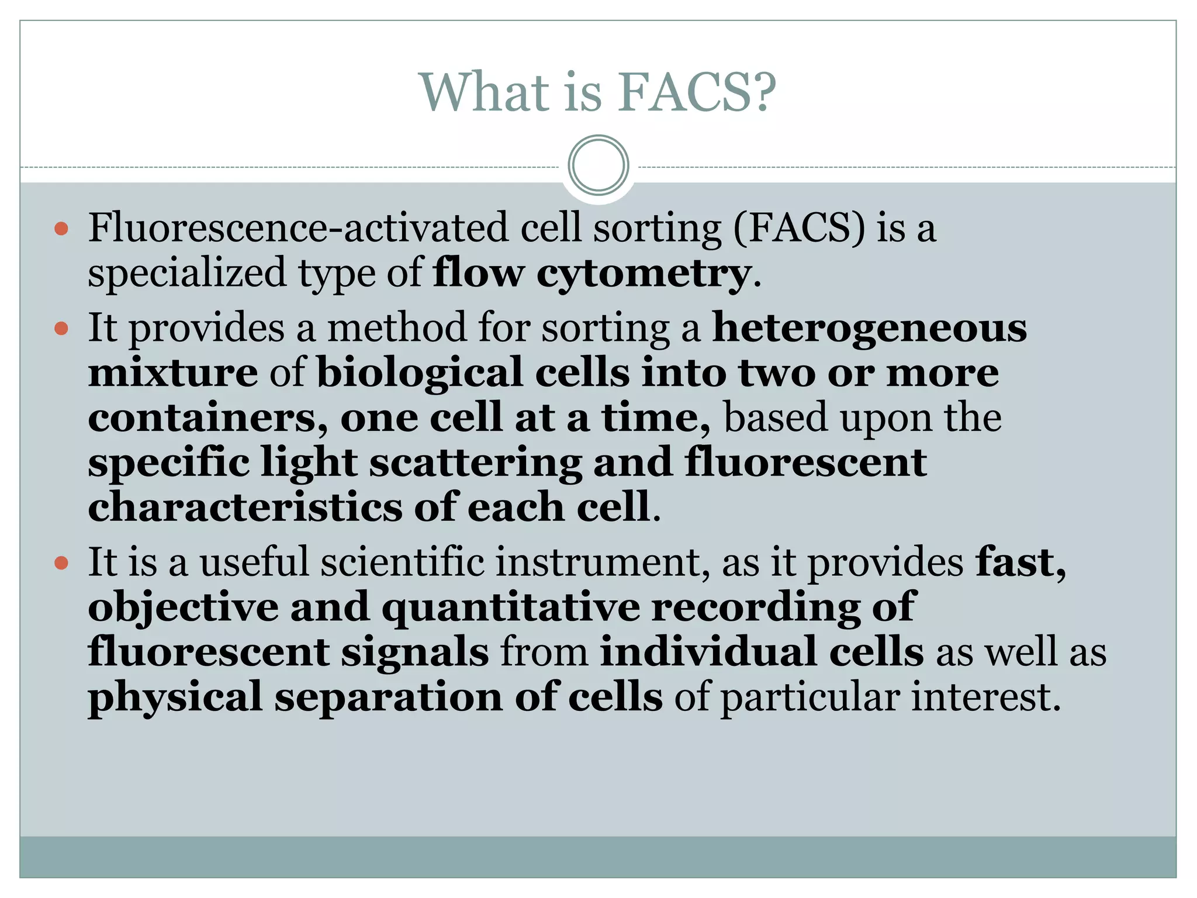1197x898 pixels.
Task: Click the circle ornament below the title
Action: [x=598, y=165]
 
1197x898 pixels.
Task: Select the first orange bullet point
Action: [x=61, y=229]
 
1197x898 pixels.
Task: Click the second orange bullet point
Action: [x=61, y=329]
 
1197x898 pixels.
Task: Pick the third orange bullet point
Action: [x=61, y=564]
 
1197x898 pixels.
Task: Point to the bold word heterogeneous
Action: [x=869, y=328]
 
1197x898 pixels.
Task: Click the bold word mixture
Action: [x=173, y=373]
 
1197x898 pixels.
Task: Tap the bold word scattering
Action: [x=475, y=462]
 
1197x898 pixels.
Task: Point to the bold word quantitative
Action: [x=510, y=607]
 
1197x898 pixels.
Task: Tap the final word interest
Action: [x=985, y=697]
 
